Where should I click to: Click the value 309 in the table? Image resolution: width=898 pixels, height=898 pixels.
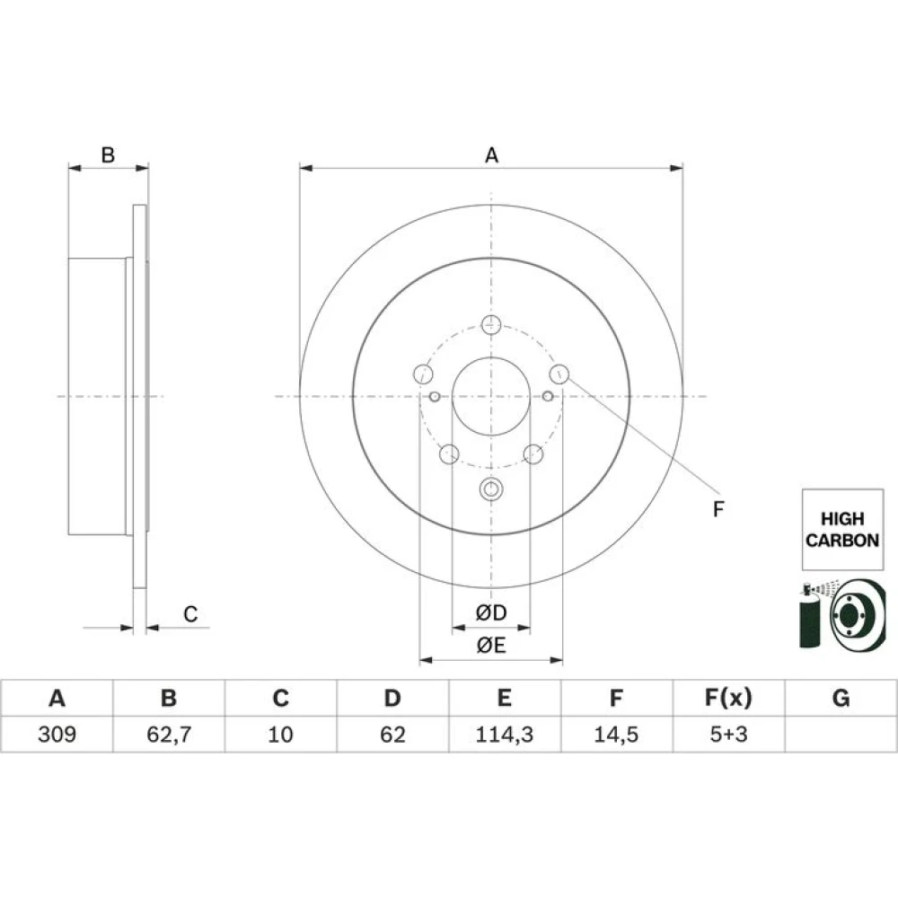tap(57, 735)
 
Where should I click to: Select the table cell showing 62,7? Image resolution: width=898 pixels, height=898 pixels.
tap(169, 735)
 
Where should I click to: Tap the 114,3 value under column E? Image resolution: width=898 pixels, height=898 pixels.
tap(505, 735)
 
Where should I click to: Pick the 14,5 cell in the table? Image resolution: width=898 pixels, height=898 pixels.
tap(616, 735)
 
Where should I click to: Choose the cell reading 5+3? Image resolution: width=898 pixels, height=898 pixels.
tap(728, 735)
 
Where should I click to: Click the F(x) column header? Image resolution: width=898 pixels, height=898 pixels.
tap(728, 698)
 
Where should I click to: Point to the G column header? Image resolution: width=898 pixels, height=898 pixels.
tap(841, 698)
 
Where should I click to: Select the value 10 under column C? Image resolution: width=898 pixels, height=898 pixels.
tap(280, 735)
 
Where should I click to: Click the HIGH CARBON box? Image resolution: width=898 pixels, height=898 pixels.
tap(842, 529)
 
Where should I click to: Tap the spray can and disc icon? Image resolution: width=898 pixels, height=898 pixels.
tap(842, 616)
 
